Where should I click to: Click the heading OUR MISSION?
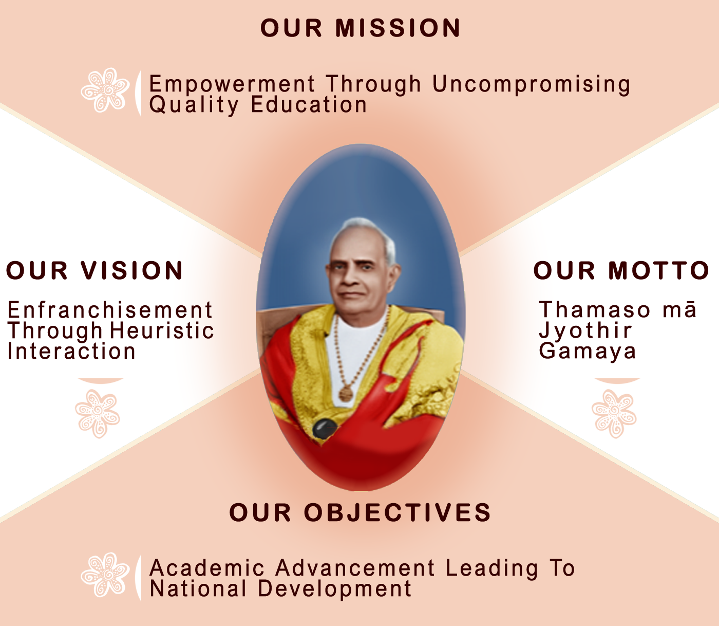[360, 28]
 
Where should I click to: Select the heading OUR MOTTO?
[621, 270]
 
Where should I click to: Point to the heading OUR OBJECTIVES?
[360, 512]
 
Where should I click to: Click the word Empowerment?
[232, 85]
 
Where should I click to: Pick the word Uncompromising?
[531, 85]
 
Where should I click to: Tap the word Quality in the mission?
[194, 105]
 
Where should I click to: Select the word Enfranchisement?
[109, 310]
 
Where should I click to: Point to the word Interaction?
[71, 351]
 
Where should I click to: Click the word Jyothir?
[585, 331]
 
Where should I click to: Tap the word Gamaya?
[587, 352]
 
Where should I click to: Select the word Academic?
[206, 568]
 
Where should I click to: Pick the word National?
[198, 588]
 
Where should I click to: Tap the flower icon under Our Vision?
[98, 414]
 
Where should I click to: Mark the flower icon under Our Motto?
[614, 414]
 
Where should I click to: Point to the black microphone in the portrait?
[325, 428]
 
